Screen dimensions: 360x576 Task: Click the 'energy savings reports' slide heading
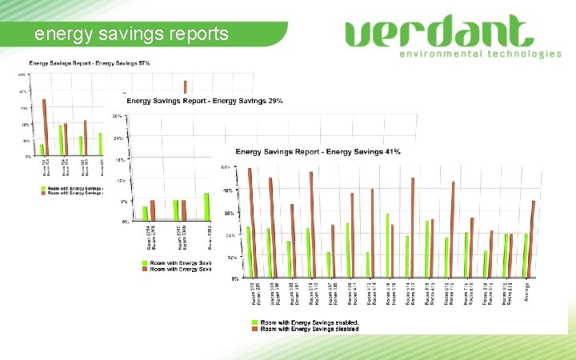[132, 34]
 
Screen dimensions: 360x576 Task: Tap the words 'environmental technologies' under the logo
[480, 54]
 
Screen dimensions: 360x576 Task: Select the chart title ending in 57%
[90, 62]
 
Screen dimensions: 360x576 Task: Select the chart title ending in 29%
[204, 101]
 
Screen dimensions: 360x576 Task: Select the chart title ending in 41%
[318, 151]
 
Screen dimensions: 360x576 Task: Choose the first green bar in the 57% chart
[42, 150]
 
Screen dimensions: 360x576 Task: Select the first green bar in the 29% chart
[145, 212]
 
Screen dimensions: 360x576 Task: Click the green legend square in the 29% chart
[146, 262]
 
